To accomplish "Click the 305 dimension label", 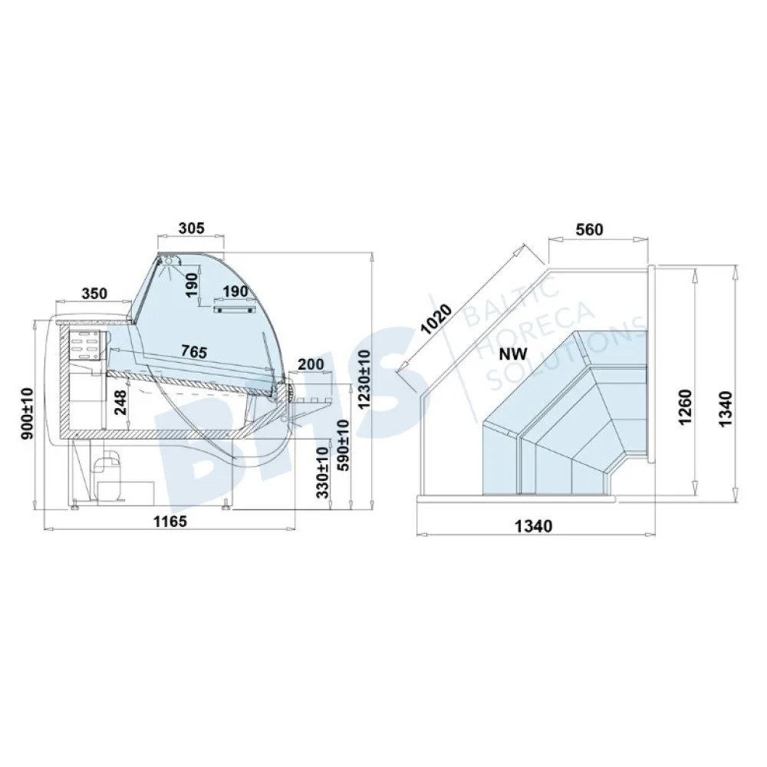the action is point(191,228).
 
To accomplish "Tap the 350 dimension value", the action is point(94,293).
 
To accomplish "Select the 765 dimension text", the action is point(194,351).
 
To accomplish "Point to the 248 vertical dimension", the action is point(121,402).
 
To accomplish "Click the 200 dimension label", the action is point(311,364).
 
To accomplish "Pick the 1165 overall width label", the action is point(170,522).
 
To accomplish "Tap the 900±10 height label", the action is point(27,413).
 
